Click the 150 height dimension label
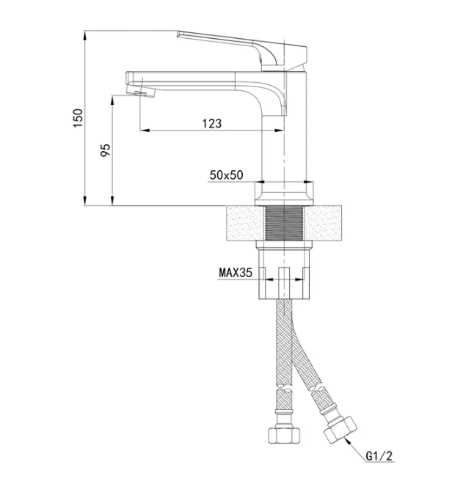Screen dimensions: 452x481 (78, 118)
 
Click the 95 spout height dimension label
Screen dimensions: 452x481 (106, 150)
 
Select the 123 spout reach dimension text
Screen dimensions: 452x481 (211, 123)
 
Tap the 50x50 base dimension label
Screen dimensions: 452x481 (226, 175)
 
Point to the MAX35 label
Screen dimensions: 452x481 (236, 273)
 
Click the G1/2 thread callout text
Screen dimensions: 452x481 (379, 456)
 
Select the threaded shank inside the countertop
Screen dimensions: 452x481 (284, 223)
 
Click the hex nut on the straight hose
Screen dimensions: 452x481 (284, 436)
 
